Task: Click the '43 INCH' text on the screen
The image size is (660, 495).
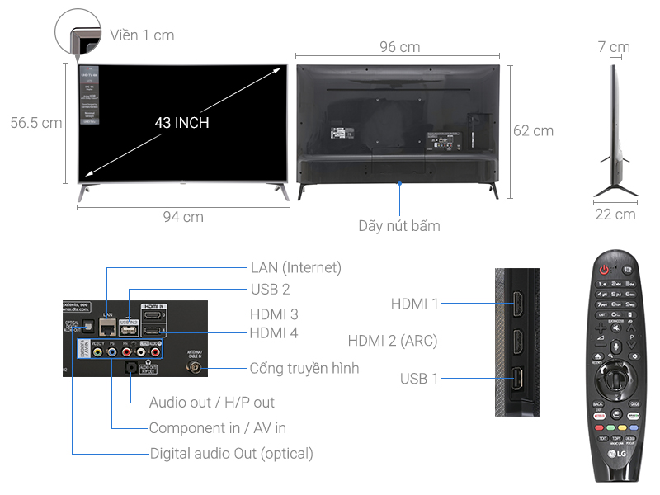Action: [181, 123]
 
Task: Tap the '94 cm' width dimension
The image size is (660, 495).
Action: [182, 217]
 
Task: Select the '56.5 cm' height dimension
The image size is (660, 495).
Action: [36, 123]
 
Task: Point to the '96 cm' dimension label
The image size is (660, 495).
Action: [399, 47]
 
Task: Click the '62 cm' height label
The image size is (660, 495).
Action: [533, 130]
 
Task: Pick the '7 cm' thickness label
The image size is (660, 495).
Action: [614, 47]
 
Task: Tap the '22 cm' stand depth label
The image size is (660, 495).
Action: [615, 214]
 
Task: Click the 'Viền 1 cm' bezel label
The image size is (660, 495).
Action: [142, 35]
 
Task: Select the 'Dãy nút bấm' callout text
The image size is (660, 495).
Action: [399, 225]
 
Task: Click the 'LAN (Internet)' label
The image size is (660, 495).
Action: [295, 267]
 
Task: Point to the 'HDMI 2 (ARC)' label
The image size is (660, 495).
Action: [392, 342]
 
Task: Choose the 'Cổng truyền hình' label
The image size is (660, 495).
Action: [304, 368]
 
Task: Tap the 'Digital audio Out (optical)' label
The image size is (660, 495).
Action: [231, 453]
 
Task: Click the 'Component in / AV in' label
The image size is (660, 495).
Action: [217, 428]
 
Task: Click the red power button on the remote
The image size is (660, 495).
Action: [604, 269]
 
